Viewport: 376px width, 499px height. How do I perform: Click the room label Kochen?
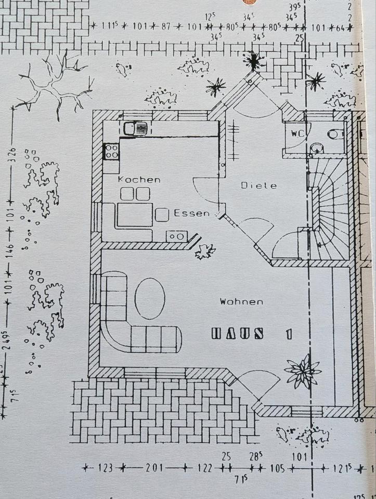(x=139, y=179)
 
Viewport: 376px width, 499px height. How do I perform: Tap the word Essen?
(x=191, y=213)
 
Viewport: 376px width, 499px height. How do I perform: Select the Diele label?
(x=259, y=186)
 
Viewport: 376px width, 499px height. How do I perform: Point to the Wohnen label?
(x=241, y=301)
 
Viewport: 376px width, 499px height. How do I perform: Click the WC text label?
(x=297, y=133)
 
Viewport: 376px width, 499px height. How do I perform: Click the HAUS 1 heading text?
(x=252, y=334)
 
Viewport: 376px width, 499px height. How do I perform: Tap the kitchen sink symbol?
(x=136, y=128)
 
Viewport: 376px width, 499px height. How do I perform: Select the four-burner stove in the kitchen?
(x=111, y=151)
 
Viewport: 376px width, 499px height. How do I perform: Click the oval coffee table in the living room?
(x=150, y=298)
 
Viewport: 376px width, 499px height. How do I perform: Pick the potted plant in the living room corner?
(x=302, y=372)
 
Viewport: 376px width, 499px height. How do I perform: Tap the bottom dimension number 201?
(x=153, y=468)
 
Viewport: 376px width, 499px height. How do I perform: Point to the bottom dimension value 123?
(x=105, y=468)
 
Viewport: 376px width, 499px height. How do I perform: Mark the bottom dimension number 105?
(x=278, y=468)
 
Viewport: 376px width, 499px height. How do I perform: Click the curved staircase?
(x=331, y=211)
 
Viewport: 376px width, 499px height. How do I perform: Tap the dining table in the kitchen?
(x=134, y=215)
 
